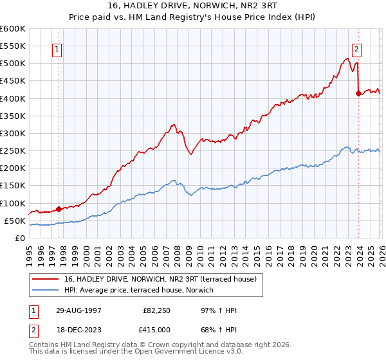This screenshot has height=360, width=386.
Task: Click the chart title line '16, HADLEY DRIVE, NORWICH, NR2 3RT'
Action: coord(193,6)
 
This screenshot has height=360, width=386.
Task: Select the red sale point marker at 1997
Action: coord(59,209)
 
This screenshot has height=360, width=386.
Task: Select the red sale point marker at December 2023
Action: coord(359,93)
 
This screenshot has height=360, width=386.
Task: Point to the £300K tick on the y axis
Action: coord(13,133)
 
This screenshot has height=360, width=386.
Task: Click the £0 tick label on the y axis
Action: coord(20,238)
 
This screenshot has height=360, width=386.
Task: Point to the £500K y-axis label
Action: coord(13,63)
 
